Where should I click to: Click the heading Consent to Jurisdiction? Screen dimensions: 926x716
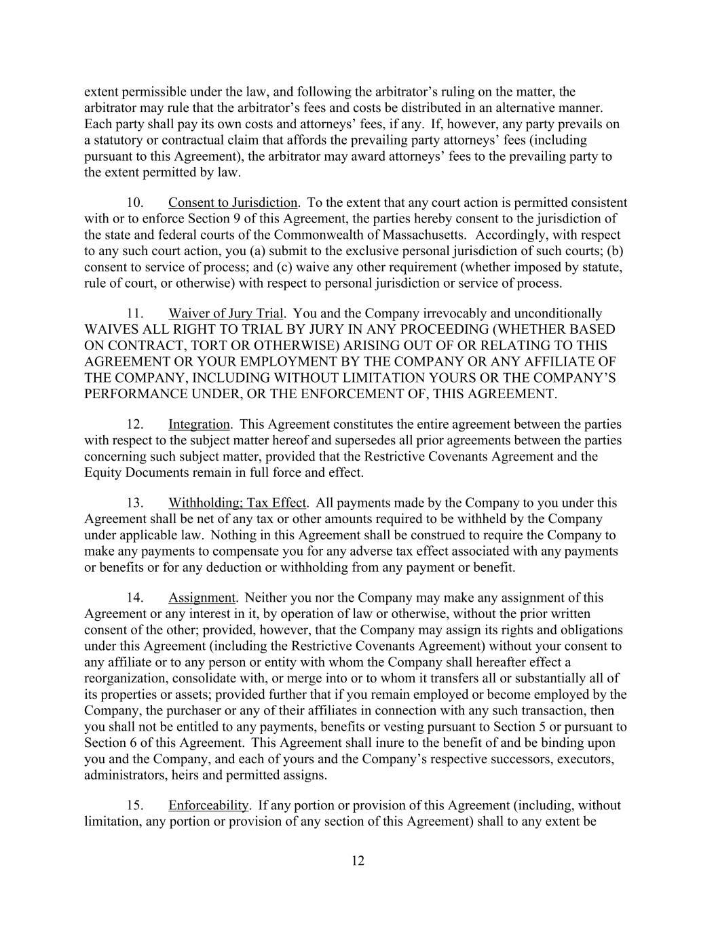(x=232, y=203)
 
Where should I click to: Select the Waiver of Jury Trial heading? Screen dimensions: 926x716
(x=225, y=313)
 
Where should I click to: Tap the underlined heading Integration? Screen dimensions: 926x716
(x=199, y=425)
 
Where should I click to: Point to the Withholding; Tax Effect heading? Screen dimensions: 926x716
(x=238, y=503)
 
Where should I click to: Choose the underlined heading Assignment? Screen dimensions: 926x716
(x=202, y=598)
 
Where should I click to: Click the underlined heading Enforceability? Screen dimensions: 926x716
(x=208, y=806)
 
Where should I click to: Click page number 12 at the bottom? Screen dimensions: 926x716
(x=358, y=862)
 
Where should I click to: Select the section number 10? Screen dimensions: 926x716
(x=135, y=203)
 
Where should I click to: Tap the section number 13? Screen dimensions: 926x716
(x=135, y=503)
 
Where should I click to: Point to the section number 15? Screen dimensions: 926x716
(x=135, y=806)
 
